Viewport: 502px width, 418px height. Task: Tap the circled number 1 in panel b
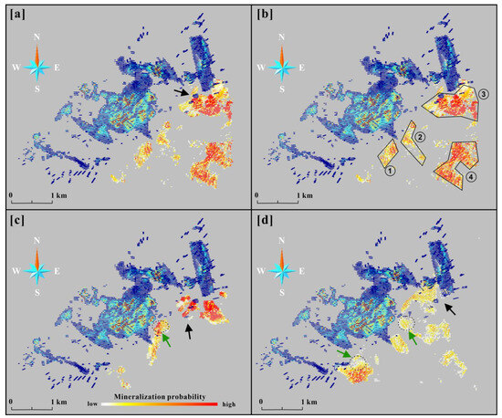tap(390, 172)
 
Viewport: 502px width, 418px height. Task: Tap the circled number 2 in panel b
tap(421, 137)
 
